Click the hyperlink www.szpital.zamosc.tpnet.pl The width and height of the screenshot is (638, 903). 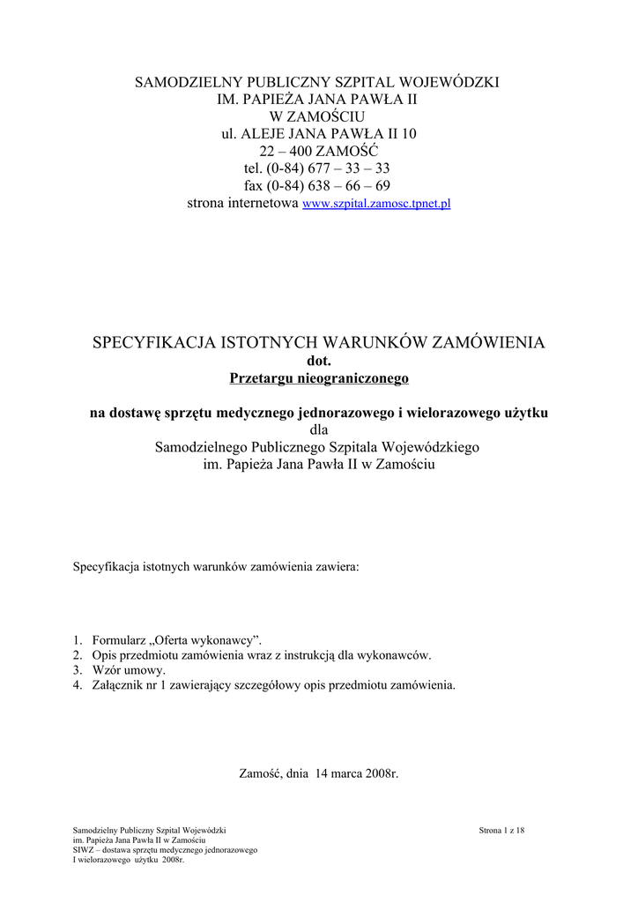click(376, 204)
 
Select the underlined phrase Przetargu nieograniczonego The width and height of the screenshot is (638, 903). click(319, 378)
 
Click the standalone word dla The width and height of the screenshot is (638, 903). click(318, 429)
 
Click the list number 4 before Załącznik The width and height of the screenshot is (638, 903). click(77, 684)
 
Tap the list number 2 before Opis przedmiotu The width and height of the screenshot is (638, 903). click(77, 655)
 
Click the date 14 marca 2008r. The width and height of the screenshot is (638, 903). click(356, 773)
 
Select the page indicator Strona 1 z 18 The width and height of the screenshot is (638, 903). click(501, 831)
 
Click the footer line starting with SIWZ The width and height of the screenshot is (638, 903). click(165, 850)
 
